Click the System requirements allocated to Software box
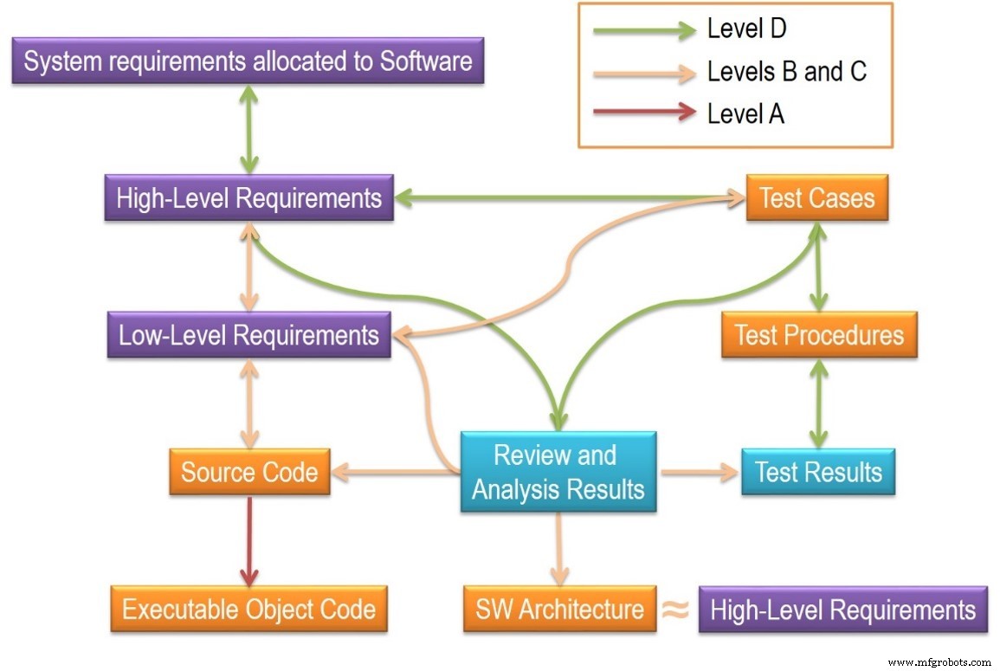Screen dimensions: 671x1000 248,61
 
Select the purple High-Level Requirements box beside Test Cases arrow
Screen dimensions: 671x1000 249,197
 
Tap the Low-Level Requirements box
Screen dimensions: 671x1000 248,335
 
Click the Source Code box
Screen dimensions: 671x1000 249,472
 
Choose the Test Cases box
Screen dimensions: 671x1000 816,197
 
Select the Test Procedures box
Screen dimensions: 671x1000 818,335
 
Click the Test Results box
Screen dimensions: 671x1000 818,472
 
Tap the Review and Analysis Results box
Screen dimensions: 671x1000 558,472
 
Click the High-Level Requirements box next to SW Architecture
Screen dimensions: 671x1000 842,609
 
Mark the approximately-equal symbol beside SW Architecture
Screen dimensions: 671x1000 675,609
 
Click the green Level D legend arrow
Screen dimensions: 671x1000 644,30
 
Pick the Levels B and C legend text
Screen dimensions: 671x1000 786,72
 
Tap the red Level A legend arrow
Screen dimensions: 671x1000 644,112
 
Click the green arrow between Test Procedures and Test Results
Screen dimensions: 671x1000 818,403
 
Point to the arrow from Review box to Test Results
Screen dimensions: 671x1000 697,473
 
